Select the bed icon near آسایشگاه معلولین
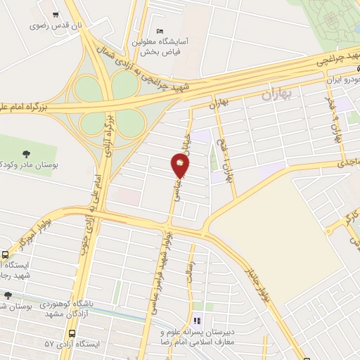160,32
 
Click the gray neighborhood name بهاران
276,94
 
